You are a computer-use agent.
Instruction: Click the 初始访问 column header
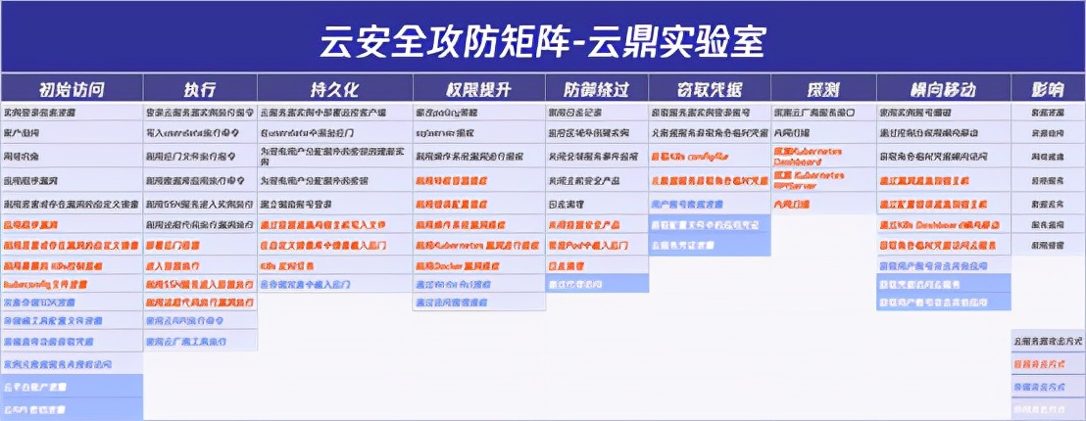pos(71,88)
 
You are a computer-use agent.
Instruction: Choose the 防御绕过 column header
pos(596,88)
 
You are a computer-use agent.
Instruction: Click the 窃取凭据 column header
pos(709,88)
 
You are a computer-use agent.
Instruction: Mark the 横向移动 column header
pos(943,88)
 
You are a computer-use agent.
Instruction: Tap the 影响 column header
pos(1047,88)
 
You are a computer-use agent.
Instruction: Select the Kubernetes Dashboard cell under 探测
pos(822,156)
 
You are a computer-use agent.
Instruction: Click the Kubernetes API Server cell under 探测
pos(822,179)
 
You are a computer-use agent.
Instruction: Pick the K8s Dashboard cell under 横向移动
pos(943,226)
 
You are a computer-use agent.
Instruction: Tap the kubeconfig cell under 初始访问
pos(71,283)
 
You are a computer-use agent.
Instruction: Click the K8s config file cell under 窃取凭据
pos(709,156)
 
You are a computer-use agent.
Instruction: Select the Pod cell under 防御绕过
pos(596,245)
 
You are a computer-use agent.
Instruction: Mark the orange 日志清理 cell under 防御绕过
pos(596,265)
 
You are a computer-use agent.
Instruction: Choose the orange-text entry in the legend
pos(1047,362)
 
